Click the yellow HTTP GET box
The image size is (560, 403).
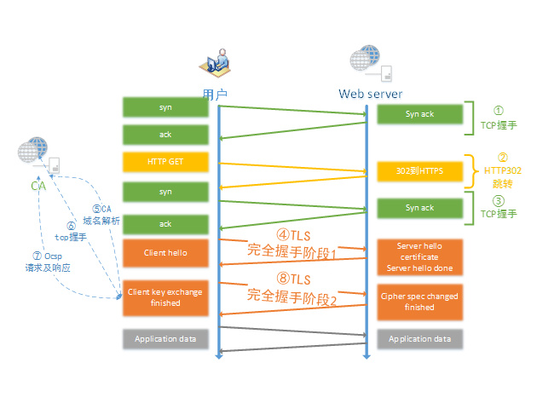coord(165,161)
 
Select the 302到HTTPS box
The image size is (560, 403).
coord(420,171)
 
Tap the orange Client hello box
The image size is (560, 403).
coord(165,252)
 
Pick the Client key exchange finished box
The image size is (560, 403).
coord(165,297)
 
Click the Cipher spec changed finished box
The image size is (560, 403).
coord(420,302)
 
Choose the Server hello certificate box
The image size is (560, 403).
coord(420,256)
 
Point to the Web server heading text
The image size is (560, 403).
coord(370,93)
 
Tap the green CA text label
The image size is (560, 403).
coord(38,186)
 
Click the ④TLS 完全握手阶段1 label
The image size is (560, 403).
coord(292,244)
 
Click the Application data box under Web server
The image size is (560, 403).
coord(420,338)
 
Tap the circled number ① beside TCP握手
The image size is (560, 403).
coord(499,111)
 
